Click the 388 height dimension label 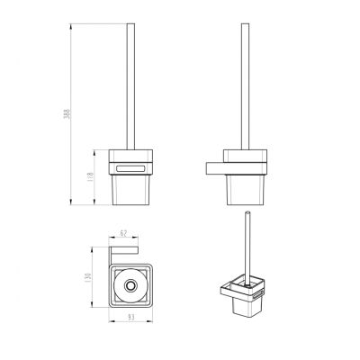[68, 114]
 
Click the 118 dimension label [91, 177]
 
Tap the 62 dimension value [123, 232]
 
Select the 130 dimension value [88, 277]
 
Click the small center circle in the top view [130, 285]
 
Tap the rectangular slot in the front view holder [130, 168]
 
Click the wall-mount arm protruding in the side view [214, 168]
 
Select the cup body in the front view [130, 190]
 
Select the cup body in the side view [245, 190]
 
